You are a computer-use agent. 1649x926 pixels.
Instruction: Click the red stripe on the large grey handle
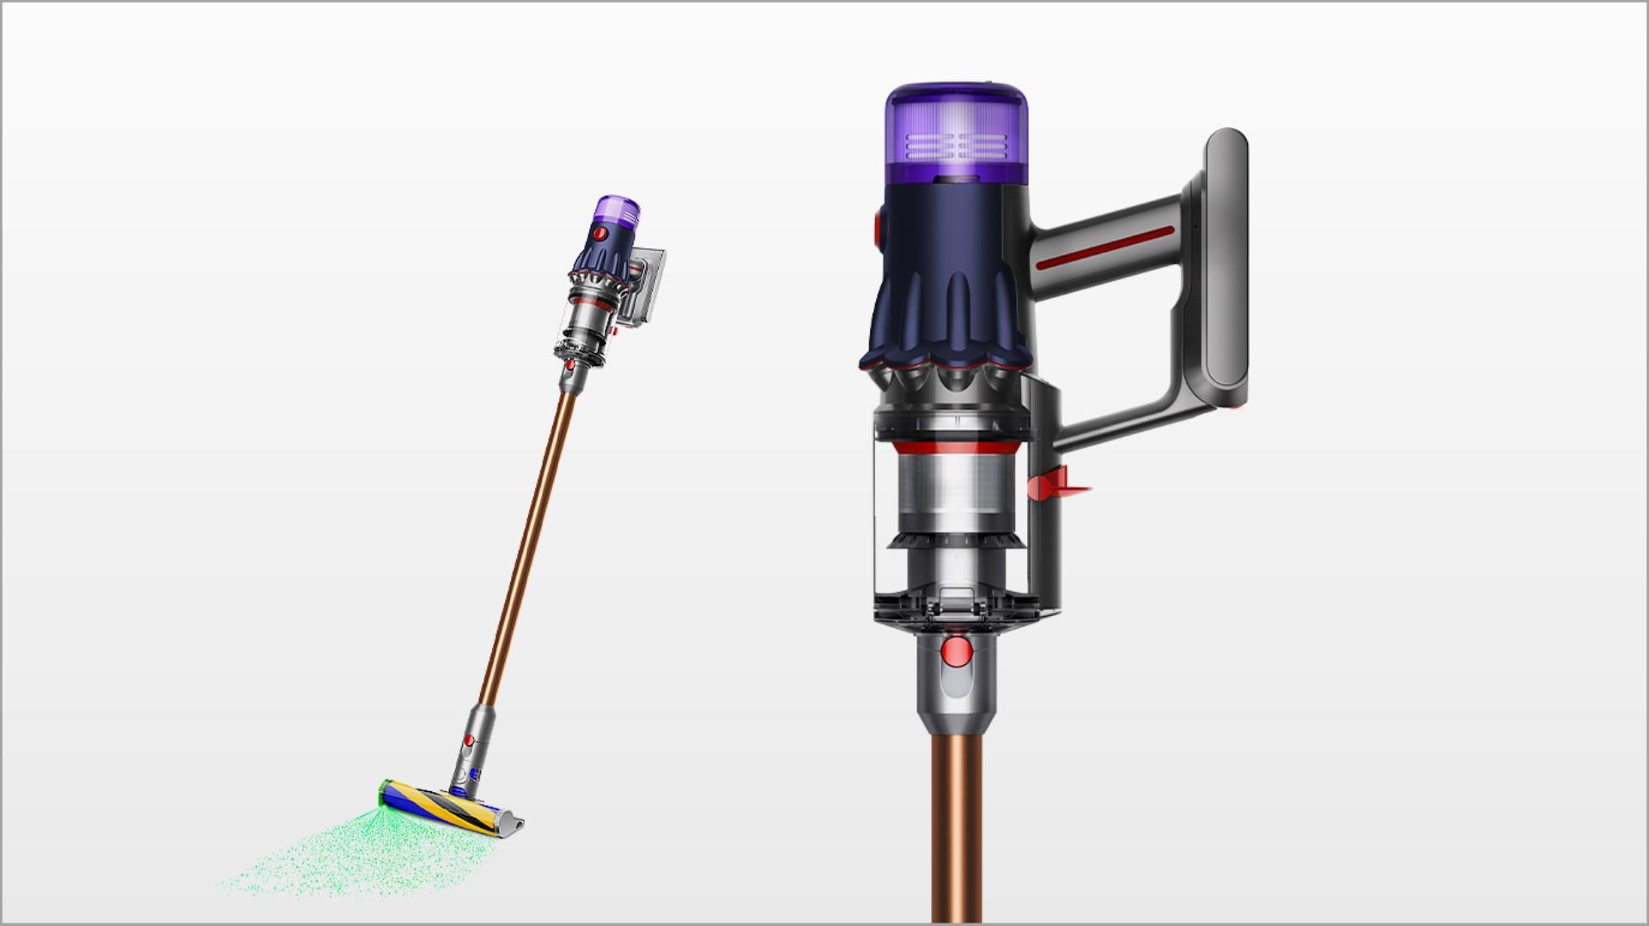point(1104,249)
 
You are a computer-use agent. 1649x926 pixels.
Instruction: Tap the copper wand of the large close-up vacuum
point(956,825)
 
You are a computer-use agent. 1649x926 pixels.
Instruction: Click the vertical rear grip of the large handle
point(1226,266)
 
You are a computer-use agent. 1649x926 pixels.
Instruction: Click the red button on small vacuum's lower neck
point(469,740)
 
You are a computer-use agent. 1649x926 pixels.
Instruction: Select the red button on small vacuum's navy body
point(601,234)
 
